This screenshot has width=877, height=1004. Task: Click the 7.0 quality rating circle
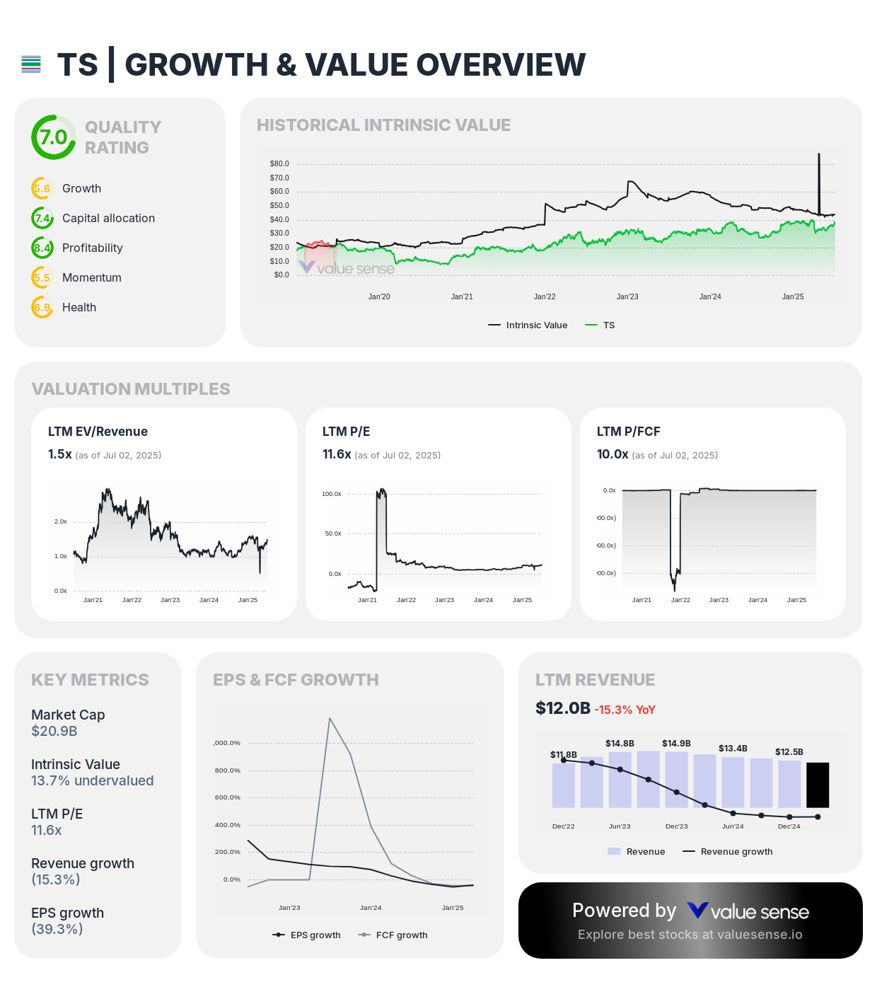click(x=53, y=137)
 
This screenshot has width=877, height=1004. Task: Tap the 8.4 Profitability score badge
click(x=42, y=248)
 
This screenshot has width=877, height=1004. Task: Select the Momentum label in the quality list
click(x=92, y=278)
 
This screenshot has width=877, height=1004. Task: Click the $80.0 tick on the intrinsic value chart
click(x=279, y=164)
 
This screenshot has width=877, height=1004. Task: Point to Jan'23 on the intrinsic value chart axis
click(x=627, y=297)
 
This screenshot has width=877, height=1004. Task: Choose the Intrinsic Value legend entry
click(x=528, y=325)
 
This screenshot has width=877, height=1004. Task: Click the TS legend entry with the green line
click(x=600, y=325)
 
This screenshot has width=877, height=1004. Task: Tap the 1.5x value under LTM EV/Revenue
click(x=59, y=454)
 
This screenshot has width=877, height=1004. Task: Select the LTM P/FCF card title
click(x=628, y=432)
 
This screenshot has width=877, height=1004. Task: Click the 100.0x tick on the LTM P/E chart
click(x=332, y=494)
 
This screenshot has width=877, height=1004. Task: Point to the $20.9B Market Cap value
click(x=54, y=732)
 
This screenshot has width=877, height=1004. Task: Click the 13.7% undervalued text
click(x=92, y=781)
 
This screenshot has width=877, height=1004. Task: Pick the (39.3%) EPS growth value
click(x=57, y=930)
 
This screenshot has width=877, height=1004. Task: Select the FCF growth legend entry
click(x=394, y=935)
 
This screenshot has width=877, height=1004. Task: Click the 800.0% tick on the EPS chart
click(x=228, y=771)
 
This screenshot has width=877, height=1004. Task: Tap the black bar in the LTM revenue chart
click(x=818, y=785)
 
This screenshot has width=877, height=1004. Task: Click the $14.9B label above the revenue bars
click(x=676, y=744)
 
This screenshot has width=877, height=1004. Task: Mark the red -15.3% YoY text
click(x=625, y=710)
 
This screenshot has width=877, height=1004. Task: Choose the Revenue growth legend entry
click(x=728, y=852)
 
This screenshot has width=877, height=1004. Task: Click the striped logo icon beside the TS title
click(x=31, y=65)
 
